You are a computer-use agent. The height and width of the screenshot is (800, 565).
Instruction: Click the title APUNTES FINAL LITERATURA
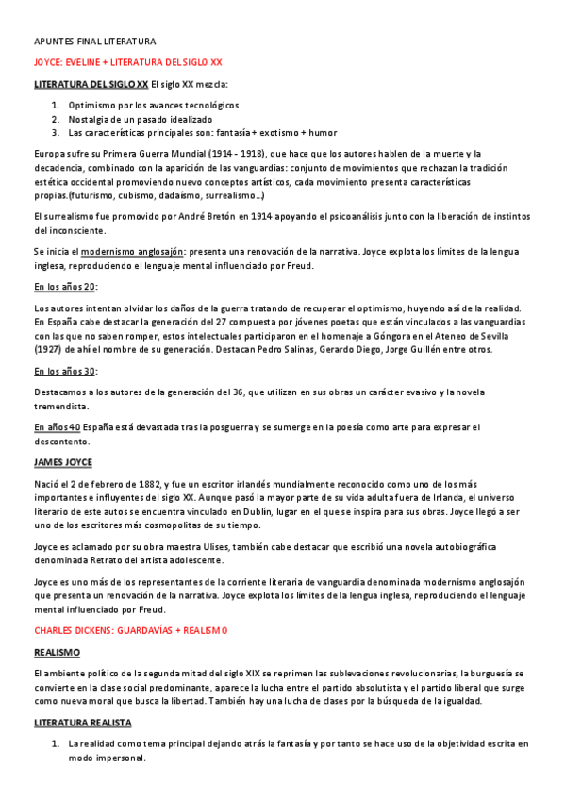point(94,42)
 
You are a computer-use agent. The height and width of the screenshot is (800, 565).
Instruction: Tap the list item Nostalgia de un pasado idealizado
point(140,118)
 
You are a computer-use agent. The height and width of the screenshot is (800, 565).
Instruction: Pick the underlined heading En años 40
point(56,427)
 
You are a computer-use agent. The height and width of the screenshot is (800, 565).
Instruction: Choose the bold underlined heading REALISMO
point(57,651)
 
